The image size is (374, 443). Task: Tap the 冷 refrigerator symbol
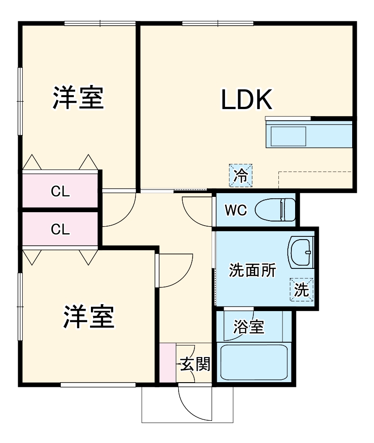(x=241, y=175)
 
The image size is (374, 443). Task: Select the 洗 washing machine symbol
(x=302, y=290)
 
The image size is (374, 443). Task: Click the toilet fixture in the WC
(x=276, y=209)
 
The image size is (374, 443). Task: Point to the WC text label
(x=236, y=210)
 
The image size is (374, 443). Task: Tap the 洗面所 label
(x=252, y=270)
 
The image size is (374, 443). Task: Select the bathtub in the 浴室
(x=254, y=362)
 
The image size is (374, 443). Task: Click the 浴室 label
(x=248, y=327)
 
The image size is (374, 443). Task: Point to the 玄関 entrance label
(x=195, y=365)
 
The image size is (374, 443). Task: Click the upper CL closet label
(x=60, y=191)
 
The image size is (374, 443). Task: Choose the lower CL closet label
(x=60, y=229)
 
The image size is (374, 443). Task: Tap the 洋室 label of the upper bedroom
(x=77, y=97)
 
